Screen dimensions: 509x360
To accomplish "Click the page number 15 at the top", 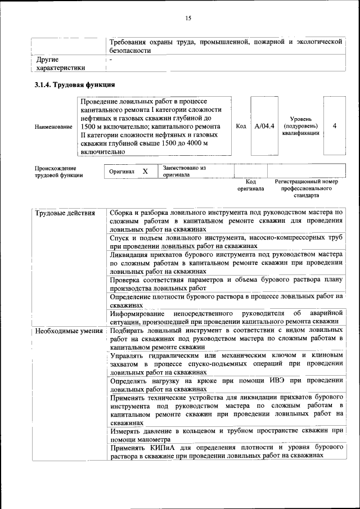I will coord(188,19).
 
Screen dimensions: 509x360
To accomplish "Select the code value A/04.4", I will coord(264,126).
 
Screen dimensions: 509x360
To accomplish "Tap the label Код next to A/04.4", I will coord(241,126).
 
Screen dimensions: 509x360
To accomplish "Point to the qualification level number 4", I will coord(335,126).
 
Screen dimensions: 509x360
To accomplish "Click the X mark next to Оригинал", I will coord(145,172).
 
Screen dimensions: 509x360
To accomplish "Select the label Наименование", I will coord(53,127).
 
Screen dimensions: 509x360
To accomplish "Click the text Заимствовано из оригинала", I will coord(184,172).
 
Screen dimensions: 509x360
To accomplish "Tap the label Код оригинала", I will coord(250,186).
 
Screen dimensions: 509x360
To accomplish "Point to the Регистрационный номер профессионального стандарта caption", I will coord(306,188).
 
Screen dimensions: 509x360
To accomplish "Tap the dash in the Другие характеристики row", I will coord(111,59).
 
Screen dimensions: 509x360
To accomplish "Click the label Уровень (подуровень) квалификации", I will coord(300,126).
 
